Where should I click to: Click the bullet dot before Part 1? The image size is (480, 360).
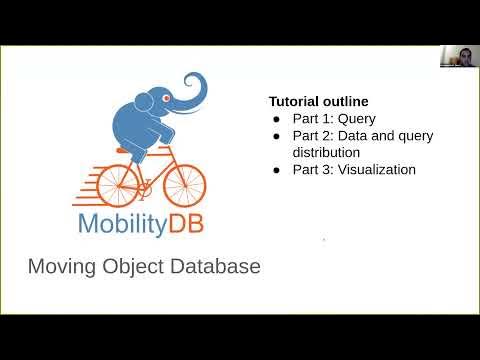277,119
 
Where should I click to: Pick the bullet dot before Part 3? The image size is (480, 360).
277,170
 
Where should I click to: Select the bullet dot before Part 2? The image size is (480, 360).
277,136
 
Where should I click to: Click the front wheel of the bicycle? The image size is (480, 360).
183,186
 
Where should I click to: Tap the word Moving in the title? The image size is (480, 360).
60,267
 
